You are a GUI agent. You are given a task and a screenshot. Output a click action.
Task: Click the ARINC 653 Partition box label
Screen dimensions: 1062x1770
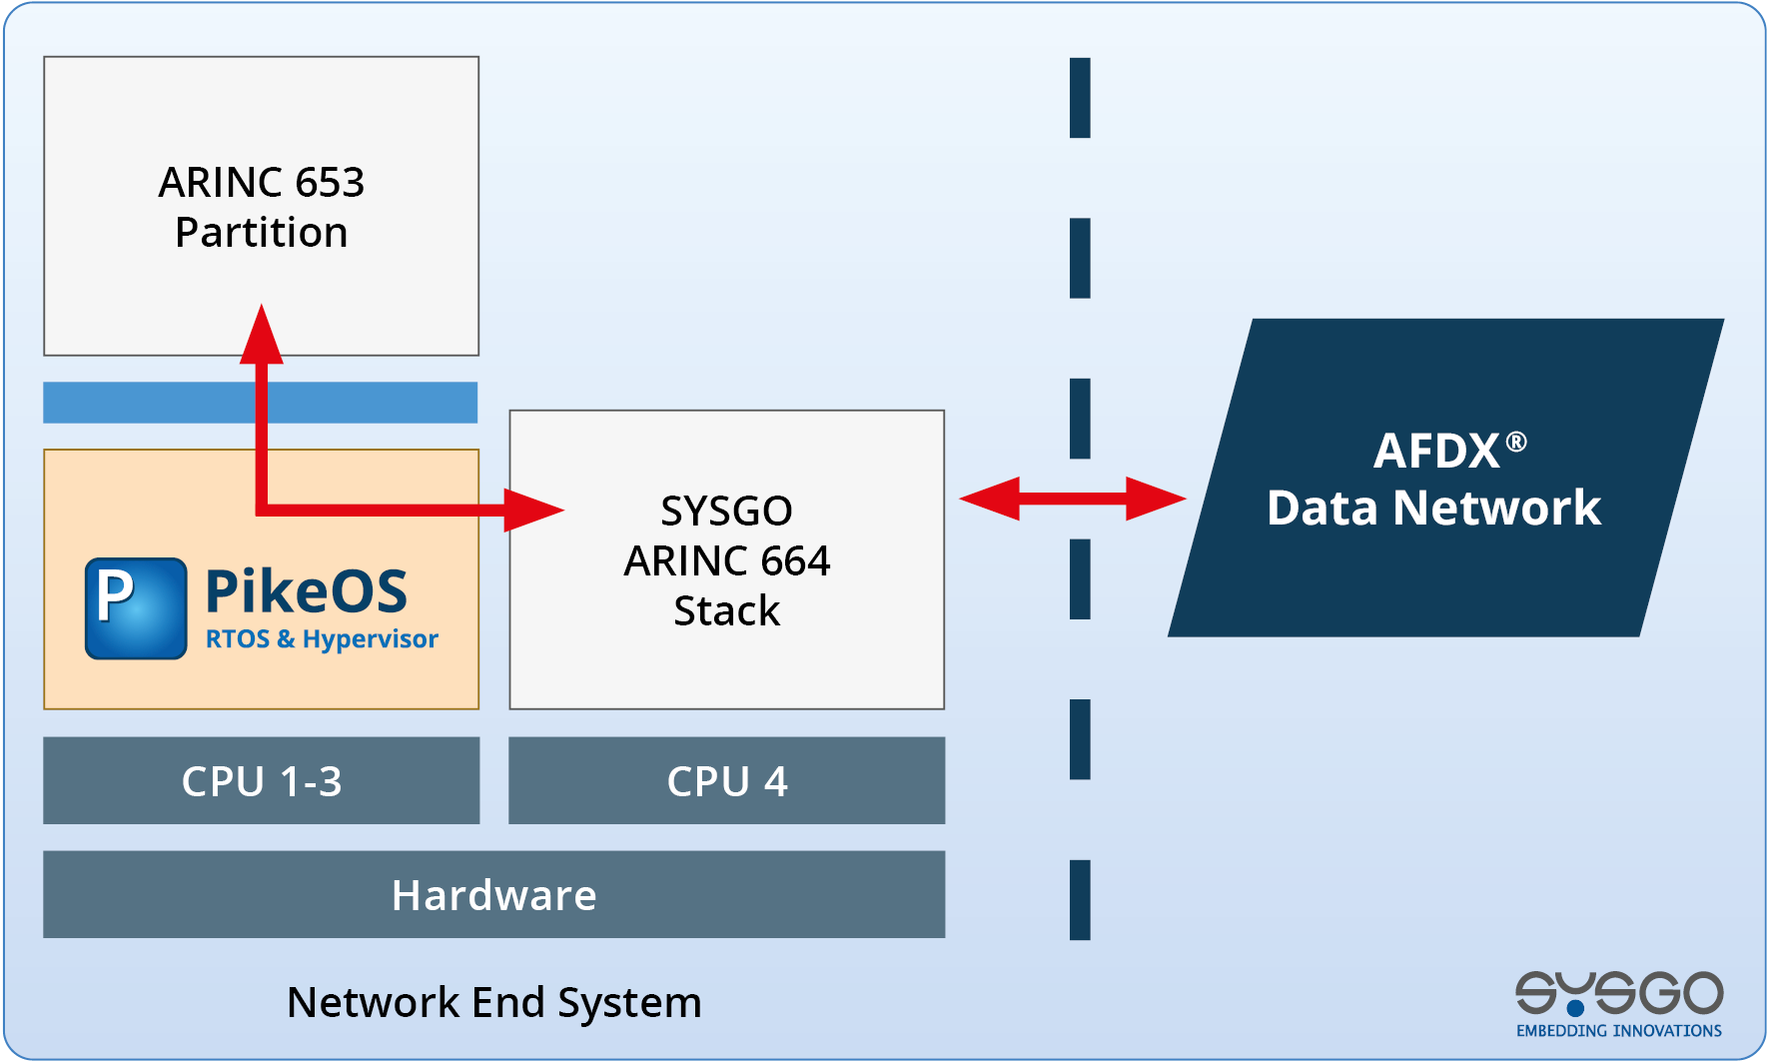coord(262,207)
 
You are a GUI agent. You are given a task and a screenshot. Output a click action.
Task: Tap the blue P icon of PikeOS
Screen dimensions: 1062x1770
coord(136,608)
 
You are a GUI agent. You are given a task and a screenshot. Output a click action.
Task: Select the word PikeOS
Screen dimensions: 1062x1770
coord(306,590)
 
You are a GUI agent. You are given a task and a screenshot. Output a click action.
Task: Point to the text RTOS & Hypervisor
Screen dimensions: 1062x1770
coord(322,639)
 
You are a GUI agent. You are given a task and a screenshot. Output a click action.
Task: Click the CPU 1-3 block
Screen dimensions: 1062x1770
coord(262,781)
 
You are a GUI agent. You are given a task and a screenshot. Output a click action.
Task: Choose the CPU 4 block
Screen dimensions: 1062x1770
coord(727,781)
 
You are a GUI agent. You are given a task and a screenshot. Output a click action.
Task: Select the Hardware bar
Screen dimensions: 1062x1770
coord(494,895)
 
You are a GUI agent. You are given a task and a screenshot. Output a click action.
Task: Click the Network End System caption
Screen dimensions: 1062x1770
coord(494,1002)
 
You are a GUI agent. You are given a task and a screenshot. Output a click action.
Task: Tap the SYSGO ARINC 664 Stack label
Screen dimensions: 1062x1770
coord(727,560)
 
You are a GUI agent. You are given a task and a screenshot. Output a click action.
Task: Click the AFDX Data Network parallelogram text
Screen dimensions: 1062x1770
coord(1434,480)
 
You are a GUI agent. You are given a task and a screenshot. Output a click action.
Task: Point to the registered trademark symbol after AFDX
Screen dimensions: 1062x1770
coord(1516,442)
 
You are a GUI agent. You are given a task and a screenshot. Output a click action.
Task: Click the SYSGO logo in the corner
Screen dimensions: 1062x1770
coord(1619,992)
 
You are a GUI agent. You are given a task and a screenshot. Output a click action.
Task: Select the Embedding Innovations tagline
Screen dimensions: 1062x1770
coord(1619,1031)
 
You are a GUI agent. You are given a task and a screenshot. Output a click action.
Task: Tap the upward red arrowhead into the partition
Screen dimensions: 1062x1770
coord(262,335)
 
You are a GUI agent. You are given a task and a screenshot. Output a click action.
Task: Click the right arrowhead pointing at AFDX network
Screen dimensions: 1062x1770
coord(1155,498)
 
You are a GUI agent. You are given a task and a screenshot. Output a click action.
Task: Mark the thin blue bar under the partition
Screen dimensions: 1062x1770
coord(261,403)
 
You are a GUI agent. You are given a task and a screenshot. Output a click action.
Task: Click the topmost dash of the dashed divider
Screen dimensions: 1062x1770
coord(1080,98)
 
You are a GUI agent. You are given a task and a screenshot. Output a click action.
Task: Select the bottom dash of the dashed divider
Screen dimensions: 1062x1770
coord(1080,899)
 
